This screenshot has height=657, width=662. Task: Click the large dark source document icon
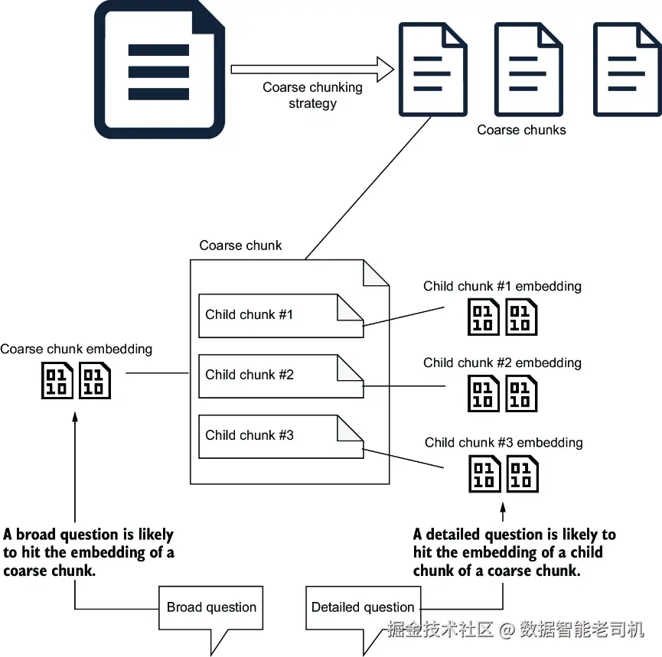(159, 70)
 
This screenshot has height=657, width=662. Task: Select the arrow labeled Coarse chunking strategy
(312, 69)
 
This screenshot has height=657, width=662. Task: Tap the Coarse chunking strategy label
(312, 95)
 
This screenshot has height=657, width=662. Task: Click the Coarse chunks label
(521, 130)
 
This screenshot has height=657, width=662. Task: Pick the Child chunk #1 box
(281, 316)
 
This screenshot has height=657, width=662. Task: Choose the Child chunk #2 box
(281, 376)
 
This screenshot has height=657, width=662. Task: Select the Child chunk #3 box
(281, 436)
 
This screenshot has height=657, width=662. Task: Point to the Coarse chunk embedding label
(76, 350)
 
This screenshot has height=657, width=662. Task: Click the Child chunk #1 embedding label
(502, 286)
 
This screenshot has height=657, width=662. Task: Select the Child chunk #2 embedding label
(502, 363)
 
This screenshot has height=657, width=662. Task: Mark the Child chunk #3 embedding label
(504, 442)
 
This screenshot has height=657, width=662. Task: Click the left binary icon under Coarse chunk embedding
(57, 381)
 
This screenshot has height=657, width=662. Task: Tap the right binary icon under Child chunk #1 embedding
(521, 317)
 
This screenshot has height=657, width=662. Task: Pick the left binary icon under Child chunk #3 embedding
(484, 473)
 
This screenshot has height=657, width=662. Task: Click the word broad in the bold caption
(37, 534)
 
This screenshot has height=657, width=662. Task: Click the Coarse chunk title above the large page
(240, 246)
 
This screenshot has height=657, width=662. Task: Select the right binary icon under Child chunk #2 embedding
(521, 393)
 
